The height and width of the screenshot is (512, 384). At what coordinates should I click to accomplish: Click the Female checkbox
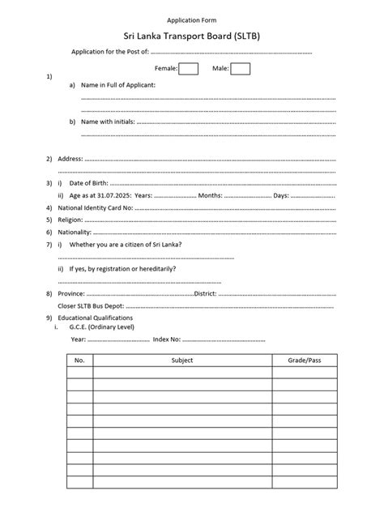188,69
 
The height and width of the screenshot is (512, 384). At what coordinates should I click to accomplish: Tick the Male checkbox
240,69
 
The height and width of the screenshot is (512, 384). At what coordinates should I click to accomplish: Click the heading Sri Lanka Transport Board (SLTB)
191,36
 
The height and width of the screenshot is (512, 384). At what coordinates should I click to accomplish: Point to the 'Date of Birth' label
92,183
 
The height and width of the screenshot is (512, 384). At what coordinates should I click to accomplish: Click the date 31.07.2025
115,195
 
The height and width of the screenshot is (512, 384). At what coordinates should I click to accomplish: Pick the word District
209,292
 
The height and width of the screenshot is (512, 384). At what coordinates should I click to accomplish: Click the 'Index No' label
167,339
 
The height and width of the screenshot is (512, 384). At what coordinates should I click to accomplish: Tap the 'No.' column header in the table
79,359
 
